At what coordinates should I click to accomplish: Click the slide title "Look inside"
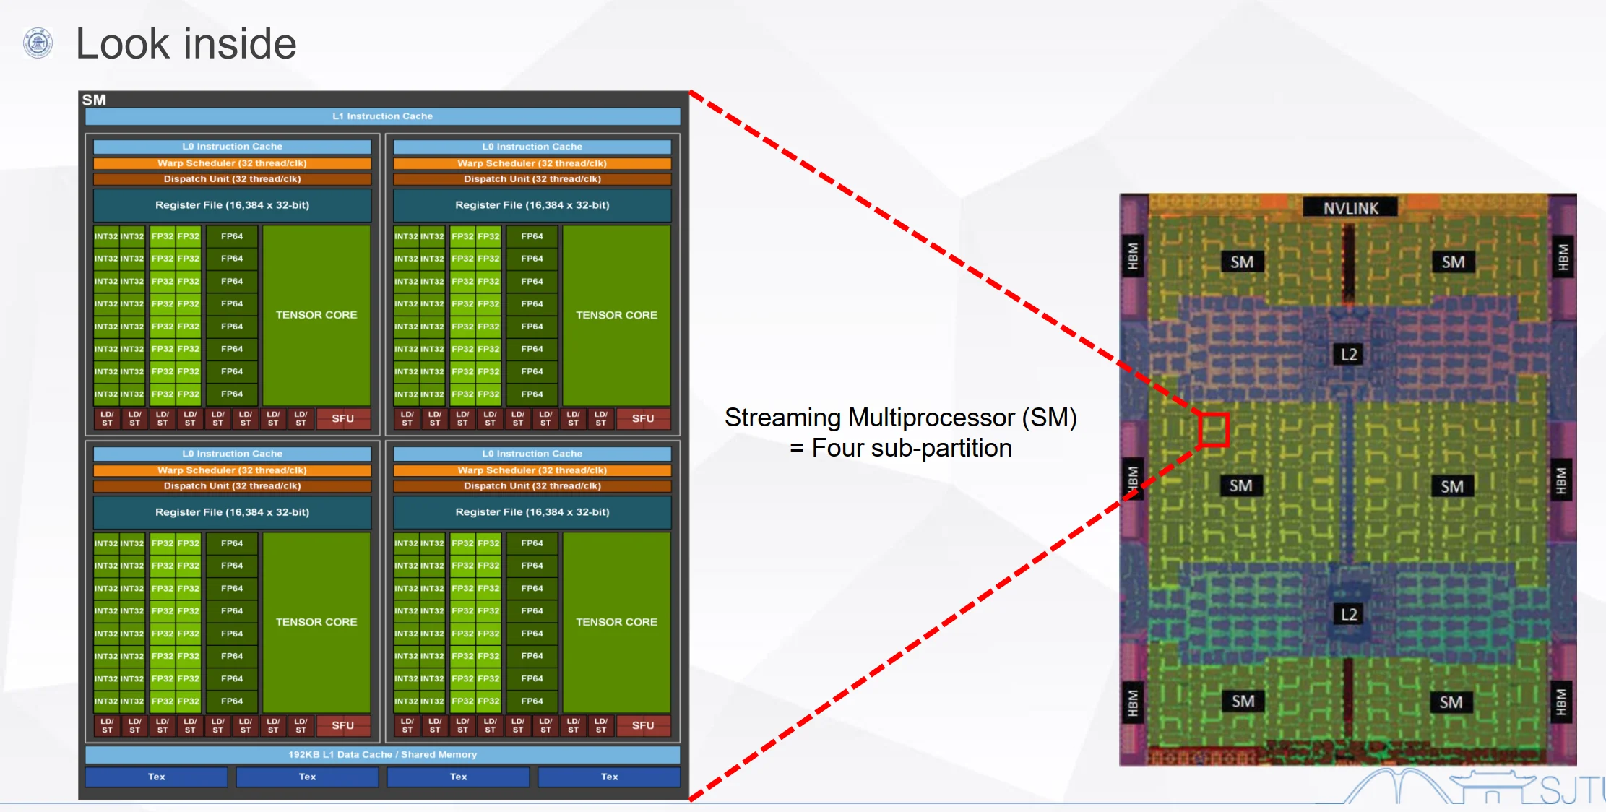click(x=186, y=43)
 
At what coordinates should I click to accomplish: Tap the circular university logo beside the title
click(x=38, y=43)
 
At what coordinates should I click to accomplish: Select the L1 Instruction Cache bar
click(x=382, y=116)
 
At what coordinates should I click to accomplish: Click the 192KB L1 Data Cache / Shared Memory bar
click(x=382, y=755)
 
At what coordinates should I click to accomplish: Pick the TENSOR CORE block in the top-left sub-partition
click(x=316, y=315)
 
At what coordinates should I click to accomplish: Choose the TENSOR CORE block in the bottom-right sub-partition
click(x=616, y=622)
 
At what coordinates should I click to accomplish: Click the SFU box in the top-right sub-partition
click(x=643, y=419)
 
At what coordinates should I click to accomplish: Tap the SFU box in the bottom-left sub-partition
click(x=343, y=725)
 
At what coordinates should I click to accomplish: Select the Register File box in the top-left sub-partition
click(x=232, y=205)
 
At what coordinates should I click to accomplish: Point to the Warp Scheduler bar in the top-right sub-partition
click(x=532, y=163)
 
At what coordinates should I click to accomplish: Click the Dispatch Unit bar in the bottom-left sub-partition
click(x=232, y=486)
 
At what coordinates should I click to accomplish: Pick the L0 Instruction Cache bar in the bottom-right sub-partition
click(x=532, y=454)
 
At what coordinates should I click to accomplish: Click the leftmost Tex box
click(x=157, y=777)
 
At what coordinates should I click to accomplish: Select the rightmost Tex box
click(x=609, y=777)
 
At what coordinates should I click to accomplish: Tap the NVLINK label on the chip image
click(x=1350, y=208)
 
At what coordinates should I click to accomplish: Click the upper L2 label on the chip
click(x=1349, y=354)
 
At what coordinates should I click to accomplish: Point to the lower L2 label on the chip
click(x=1349, y=615)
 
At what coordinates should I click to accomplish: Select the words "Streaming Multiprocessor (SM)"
click(x=901, y=418)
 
